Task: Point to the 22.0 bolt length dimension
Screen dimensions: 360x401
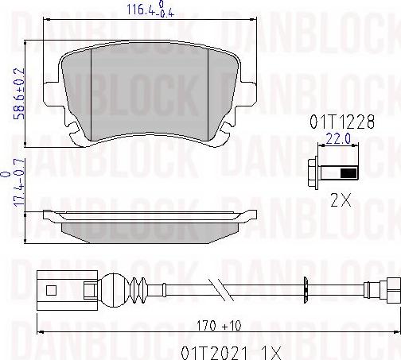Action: [334, 140]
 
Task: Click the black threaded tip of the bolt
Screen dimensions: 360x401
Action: [347, 173]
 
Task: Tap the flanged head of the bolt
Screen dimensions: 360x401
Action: [314, 173]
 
